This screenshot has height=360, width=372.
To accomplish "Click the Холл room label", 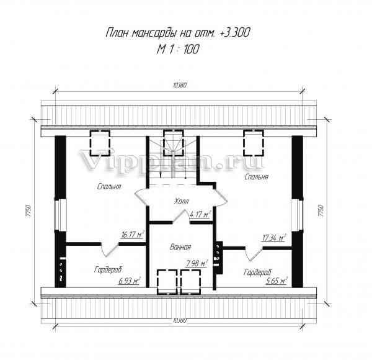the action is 182,201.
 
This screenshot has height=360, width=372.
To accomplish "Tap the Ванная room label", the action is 180,247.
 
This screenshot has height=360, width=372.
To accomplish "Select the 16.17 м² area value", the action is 133,235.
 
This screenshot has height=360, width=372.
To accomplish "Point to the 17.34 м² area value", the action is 274,238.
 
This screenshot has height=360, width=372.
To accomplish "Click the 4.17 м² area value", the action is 200,214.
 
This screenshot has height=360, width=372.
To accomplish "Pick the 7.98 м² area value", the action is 197,263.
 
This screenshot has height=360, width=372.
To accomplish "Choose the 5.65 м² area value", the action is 277,281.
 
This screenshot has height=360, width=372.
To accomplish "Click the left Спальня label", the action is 109,186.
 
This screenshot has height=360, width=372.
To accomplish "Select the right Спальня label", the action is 257,177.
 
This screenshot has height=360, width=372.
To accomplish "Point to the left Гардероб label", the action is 108,270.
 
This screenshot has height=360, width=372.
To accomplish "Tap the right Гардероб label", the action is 257,272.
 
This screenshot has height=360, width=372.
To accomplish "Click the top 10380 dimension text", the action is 180,85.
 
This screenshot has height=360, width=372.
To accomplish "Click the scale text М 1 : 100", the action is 178,50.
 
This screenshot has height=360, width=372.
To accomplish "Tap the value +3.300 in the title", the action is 234,32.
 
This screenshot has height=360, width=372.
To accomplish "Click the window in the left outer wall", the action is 61,215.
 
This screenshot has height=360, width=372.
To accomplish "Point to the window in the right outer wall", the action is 297,215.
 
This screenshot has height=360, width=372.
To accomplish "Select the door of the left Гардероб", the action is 109,250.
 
